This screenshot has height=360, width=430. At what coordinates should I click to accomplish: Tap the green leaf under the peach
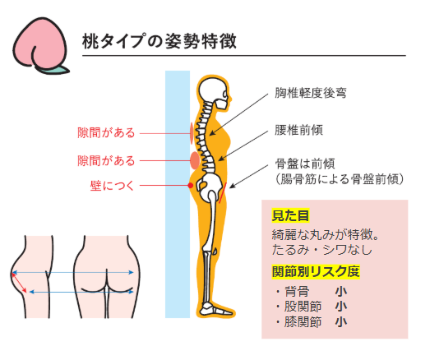tap(55, 70)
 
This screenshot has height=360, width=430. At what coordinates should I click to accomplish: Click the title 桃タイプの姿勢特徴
tap(160, 41)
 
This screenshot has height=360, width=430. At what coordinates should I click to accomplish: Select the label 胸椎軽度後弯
tap(311, 93)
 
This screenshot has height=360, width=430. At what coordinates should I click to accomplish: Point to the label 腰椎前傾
tap(298, 130)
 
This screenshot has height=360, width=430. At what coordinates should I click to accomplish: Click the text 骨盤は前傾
tap(305, 164)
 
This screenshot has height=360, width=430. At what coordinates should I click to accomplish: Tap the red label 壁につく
tap(112, 186)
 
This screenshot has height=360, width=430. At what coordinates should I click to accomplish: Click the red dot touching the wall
tap(191, 186)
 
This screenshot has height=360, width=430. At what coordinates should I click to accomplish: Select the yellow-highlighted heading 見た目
tap(290, 215)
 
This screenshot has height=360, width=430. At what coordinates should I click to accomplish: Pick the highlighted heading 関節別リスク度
tap(316, 272)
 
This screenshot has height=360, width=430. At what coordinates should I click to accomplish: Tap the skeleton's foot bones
tap(216, 309)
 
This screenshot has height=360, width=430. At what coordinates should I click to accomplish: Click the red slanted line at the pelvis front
tap(223, 193)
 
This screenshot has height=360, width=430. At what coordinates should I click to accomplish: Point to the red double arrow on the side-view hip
tap(19, 283)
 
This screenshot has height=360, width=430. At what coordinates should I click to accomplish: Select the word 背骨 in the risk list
tap(297, 292)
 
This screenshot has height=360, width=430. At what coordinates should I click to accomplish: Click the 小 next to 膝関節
tap(341, 322)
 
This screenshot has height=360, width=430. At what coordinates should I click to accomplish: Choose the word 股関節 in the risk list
tap(303, 307)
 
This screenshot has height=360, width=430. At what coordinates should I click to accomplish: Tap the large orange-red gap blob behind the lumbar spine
tap(195, 160)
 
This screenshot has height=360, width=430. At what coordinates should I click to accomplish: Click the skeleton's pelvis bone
tap(210, 187)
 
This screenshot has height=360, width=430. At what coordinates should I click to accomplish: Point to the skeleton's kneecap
tap(215, 251)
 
